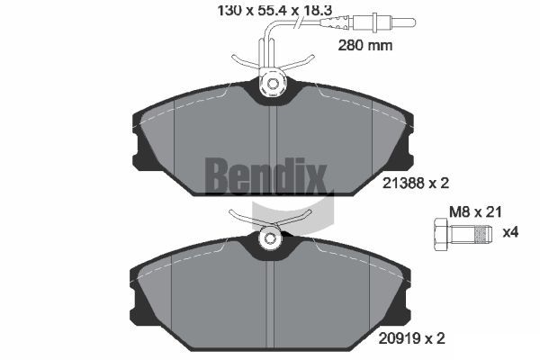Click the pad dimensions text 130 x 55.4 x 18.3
[274, 11]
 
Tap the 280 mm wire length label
[365, 46]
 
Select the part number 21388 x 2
[416, 184]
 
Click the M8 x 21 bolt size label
[475, 211]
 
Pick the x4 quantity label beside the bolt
[510, 232]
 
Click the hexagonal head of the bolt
[442, 234]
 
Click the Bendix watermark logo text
[265, 175]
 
